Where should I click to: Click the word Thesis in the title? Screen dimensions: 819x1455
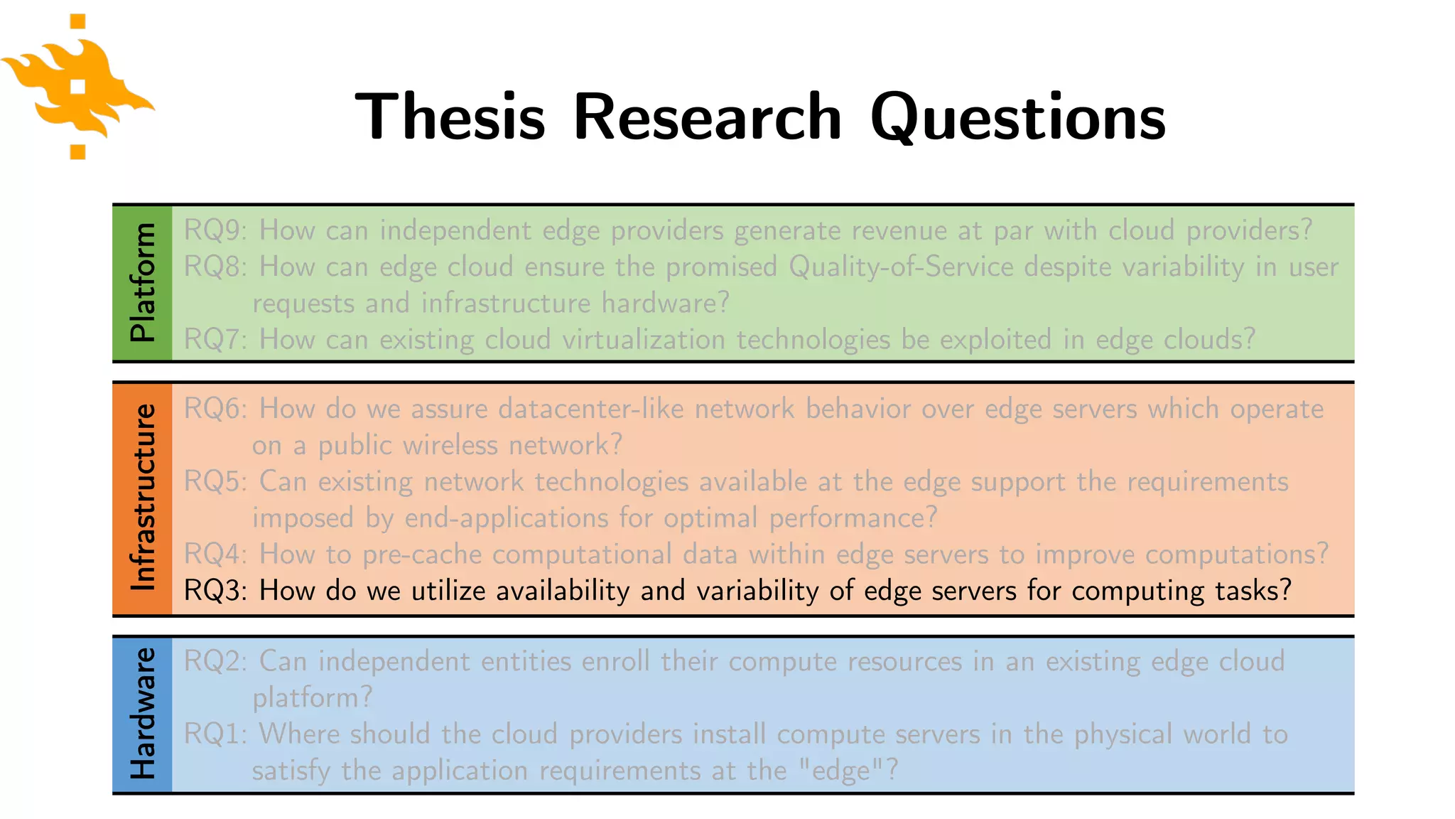450,117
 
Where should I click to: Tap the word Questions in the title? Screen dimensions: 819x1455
1017,117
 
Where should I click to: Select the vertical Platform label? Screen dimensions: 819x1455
143,282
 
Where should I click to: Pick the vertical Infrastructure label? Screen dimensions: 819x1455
143,498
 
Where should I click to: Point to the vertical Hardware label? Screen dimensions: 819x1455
143,714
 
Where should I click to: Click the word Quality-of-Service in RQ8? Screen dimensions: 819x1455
901,267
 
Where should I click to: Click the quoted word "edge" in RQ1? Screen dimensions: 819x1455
840,770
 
